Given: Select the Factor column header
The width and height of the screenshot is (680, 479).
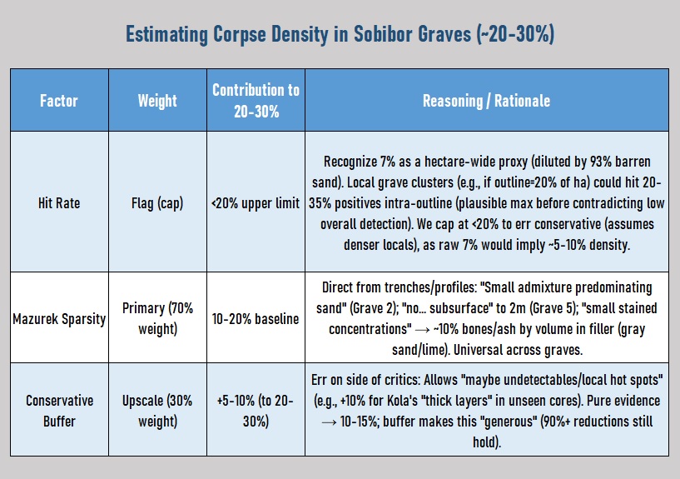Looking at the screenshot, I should pyautogui.click(x=59, y=101).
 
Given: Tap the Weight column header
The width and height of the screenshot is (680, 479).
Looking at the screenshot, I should pyautogui.click(x=157, y=101).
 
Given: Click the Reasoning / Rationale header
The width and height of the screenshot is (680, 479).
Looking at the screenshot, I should pyautogui.click(x=486, y=101).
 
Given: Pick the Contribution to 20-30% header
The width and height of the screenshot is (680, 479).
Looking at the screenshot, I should pyautogui.click(x=256, y=100).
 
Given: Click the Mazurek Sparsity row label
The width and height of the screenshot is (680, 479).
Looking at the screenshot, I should pyautogui.click(x=59, y=318).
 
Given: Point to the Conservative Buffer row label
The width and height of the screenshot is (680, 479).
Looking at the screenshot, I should pyautogui.click(x=59, y=411).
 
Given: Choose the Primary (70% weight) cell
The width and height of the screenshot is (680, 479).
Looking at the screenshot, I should pyautogui.click(x=157, y=318).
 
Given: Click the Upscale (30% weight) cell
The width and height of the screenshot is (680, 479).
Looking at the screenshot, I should pyautogui.click(x=157, y=411).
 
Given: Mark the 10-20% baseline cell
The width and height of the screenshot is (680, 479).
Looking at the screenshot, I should pyautogui.click(x=256, y=318).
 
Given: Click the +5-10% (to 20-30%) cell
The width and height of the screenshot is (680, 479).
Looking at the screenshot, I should pyautogui.click(x=256, y=411).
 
